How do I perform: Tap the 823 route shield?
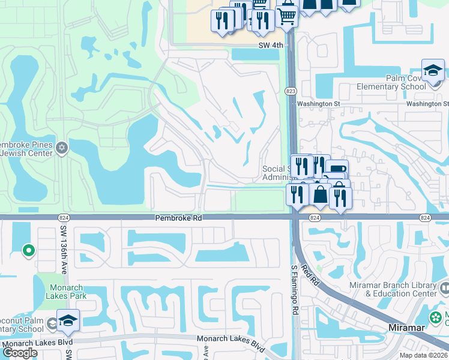click(289, 91)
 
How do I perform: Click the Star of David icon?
click(61, 148)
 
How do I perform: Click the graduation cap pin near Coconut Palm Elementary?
click(68, 321)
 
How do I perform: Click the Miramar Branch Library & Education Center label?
click(403, 290)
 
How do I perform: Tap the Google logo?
click(20, 353)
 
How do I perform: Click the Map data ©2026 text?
click(423, 355)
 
